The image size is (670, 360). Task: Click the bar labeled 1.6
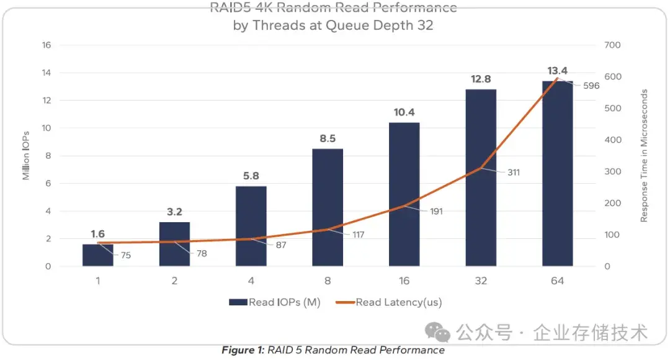(98, 255)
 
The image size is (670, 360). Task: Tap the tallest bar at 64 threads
(557, 174)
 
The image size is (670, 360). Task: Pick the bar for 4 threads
(251, 226)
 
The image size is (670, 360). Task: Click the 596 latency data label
(591, 86)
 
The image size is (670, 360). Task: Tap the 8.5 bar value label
(328, 138)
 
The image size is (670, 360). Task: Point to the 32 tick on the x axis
(481, 281)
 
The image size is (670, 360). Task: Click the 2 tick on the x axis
(174, 281)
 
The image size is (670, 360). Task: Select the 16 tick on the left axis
(46, 45)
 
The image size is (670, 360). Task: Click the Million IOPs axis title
(26, 155)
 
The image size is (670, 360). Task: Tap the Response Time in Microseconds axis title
(644, 155)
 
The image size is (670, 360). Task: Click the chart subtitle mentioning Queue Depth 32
(333, 25)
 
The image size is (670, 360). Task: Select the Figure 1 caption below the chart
(333, 350)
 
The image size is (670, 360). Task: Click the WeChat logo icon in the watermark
(441, 333)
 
